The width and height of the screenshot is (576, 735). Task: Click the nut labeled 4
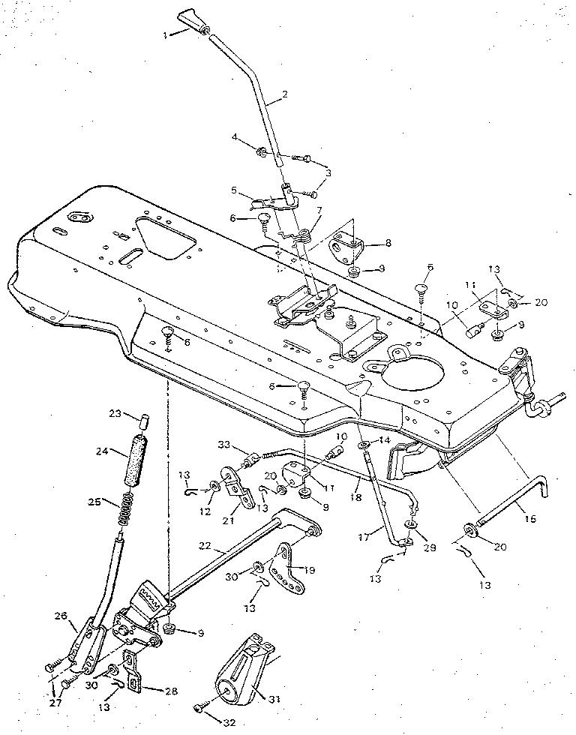264,154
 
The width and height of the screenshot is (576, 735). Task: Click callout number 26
61,616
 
